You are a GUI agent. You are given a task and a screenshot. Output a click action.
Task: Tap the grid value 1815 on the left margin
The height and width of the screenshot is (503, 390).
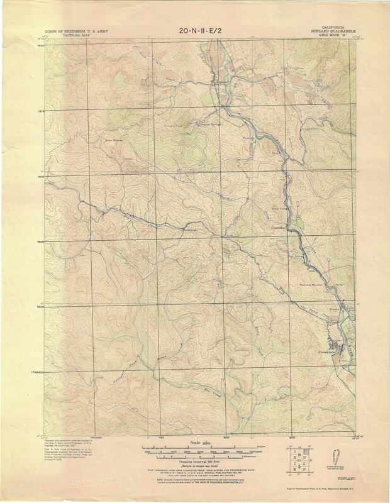[43, 112]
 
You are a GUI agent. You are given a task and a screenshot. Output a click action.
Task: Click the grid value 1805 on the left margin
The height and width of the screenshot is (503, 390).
[43, 241]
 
